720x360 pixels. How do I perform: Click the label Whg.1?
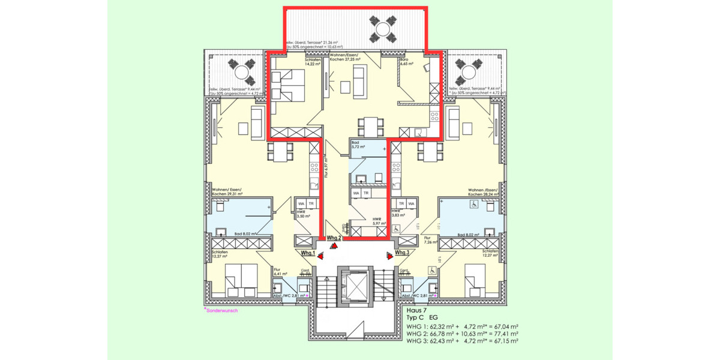[308, 253]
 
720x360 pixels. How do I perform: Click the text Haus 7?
[417, 311]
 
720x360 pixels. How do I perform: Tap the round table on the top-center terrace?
[382, 28]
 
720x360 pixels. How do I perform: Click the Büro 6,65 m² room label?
[407, 63]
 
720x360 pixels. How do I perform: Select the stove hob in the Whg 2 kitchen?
[434, 116]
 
